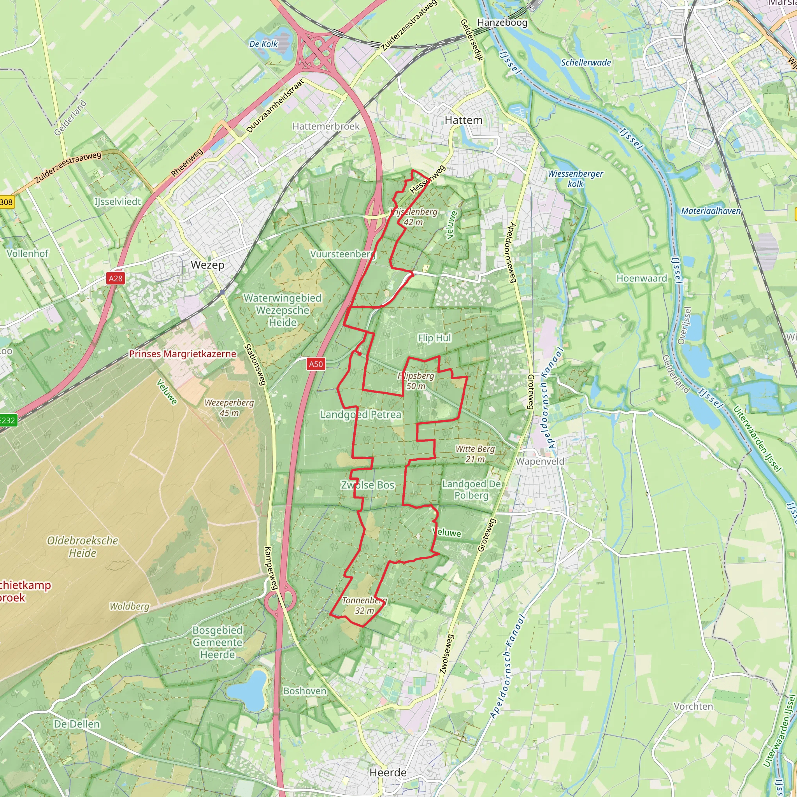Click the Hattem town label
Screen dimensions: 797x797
tap(463, 120)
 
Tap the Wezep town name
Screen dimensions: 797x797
tap(207, 265)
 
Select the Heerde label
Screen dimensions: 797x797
tap(388, 772)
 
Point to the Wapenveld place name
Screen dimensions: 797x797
tap(540, 461)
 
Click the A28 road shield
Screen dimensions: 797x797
tap(116, 279)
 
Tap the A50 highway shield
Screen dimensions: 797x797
tap(316, 364)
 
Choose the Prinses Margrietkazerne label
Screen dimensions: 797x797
tap(183, 353)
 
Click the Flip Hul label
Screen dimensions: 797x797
tap(434, 338)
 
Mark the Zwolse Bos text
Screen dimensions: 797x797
tap(367, 485)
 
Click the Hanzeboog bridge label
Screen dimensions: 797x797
tap(502, 23)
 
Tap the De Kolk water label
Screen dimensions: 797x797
tap(263, 44)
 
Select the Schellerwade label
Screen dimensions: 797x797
tap(586, 63)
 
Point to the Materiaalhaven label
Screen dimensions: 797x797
tap(711, 211)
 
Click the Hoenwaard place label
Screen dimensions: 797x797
tap(641, 279)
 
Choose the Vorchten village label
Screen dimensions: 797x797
tap(693, 706)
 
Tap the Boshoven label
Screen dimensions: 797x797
tap(304, 691)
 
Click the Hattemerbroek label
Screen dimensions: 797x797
tap(326, 126)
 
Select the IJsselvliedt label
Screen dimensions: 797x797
tap(118, 202)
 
